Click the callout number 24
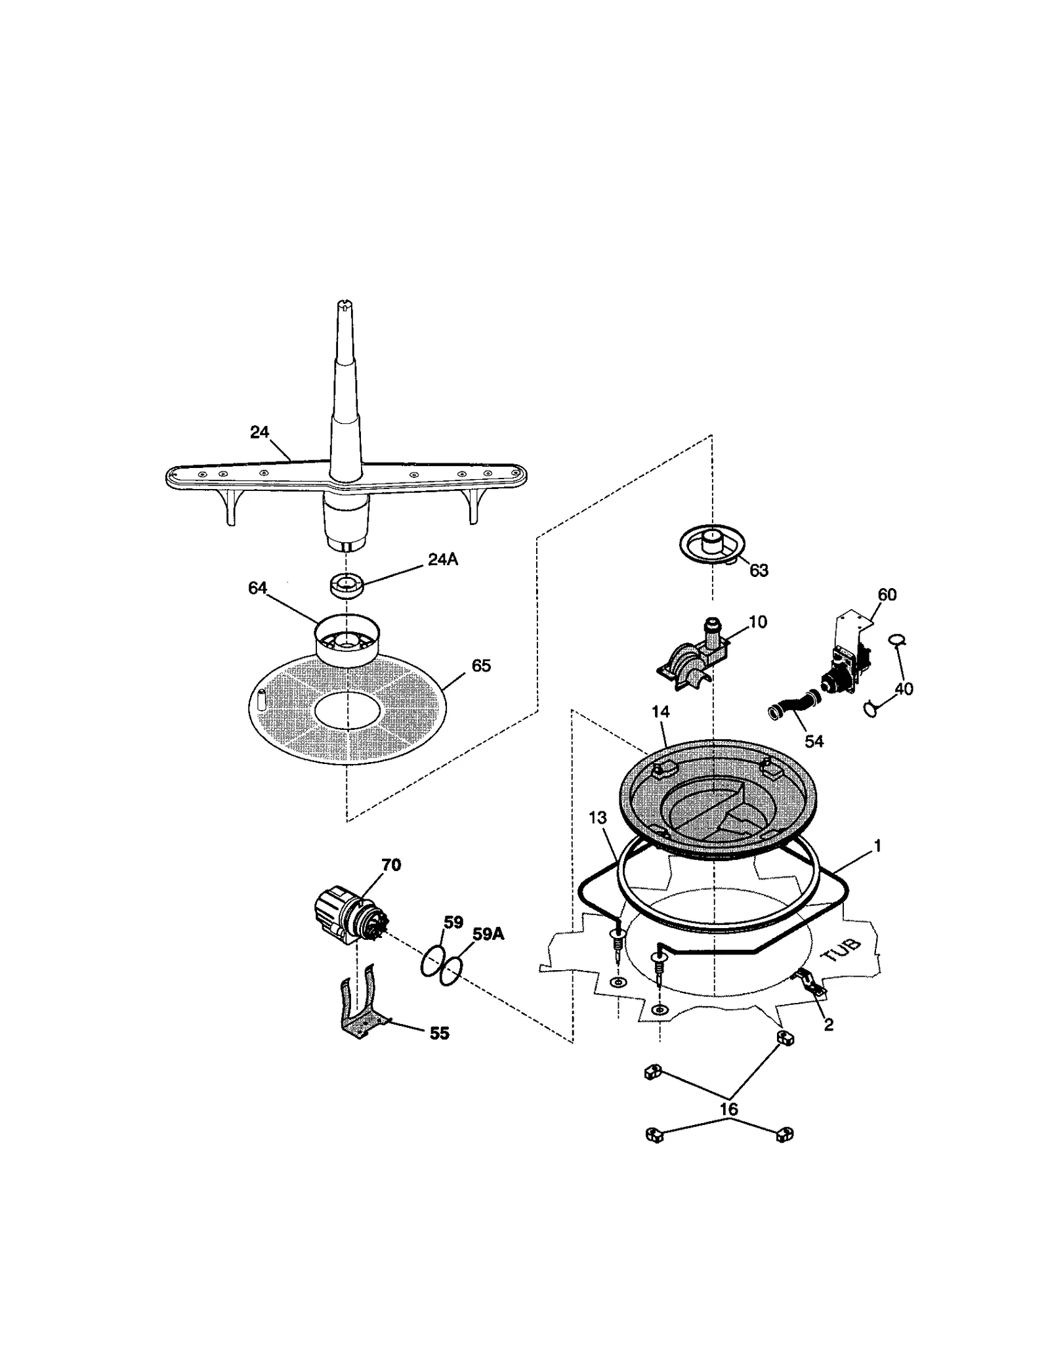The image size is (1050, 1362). coord(259,432)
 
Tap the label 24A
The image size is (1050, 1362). coord(443,559)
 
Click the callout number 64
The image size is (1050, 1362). coord(257,588)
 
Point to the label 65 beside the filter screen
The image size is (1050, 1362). coord(481,666)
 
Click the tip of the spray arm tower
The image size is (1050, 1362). coord(347,305)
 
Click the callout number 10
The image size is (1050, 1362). coord(757,622)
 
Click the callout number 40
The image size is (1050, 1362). coord(904,689)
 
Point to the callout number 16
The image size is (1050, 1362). coord(728,1109)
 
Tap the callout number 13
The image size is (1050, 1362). coord(597,818)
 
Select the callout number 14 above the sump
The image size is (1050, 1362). coord(660,712)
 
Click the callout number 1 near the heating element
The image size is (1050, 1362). coord(877,846)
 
